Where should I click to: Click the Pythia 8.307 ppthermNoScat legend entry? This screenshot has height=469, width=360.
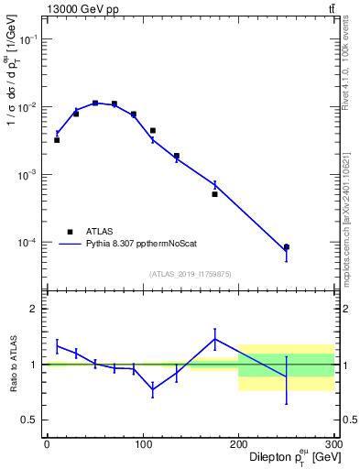click(x=137, y=245)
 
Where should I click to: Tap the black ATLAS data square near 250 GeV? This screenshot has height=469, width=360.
click(x=286, y=247)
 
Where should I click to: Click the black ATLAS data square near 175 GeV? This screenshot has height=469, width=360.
click(x=214, y=194)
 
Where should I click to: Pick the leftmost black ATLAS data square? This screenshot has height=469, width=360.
click(x=57, y=140)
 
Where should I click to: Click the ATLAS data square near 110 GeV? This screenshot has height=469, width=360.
click(x=152, y=131)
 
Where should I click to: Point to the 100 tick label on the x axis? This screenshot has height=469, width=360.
click(x=142, y=444)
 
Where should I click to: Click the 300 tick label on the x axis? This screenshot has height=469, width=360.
click(x=333, y=444)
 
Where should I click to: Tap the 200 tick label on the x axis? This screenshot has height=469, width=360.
click(x=238, y=444)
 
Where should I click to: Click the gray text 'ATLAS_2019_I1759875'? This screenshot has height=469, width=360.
click(x=191, y=273)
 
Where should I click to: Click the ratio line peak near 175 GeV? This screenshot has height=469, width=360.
click(x=214, y=339)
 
